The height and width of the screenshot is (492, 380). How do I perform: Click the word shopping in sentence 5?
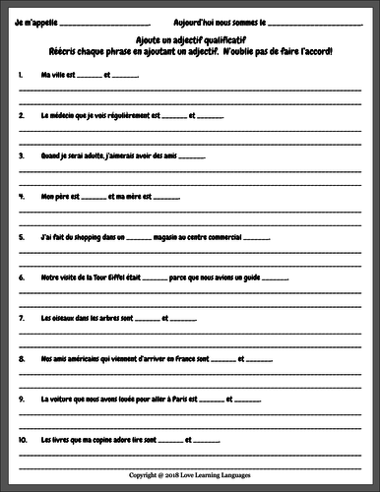coord(82,236)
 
